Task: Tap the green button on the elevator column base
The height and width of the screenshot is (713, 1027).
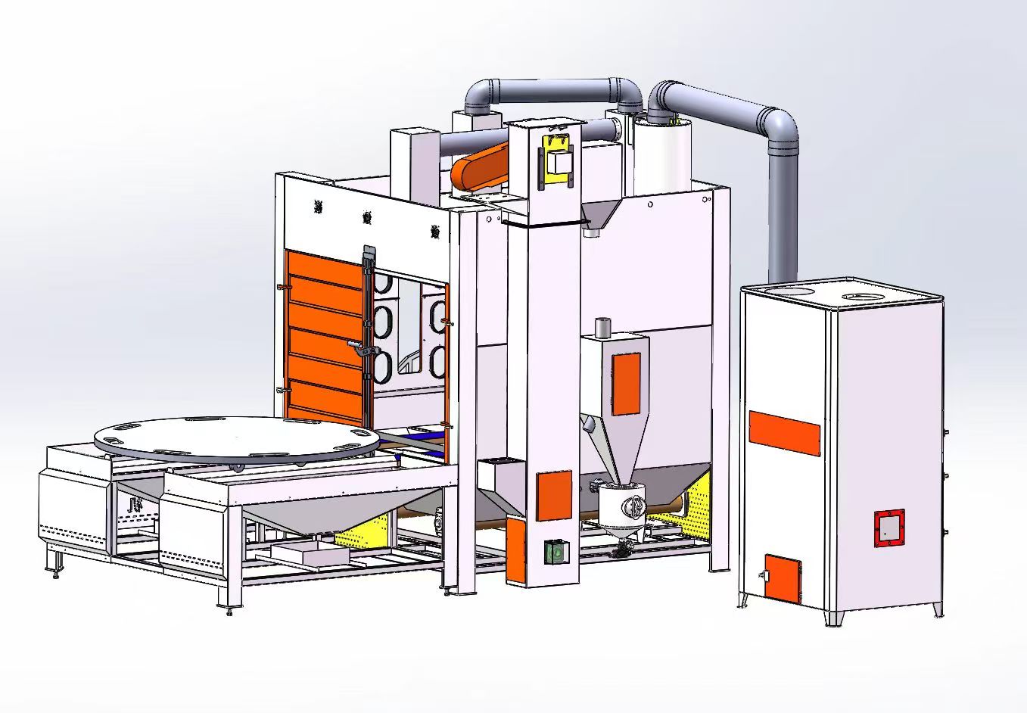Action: (x=556, y=552)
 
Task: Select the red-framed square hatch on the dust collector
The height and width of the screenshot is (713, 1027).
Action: (x=889, y=527)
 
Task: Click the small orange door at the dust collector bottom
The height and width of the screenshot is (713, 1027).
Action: (x=783, y=575)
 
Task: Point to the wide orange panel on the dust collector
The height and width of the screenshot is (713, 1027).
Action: (x=784, y=433)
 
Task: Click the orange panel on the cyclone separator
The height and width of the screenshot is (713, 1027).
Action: (x=626, y=383)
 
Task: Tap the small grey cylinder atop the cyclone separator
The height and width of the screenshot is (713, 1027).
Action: (x=602, y=328)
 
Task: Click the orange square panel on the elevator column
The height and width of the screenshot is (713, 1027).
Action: (x=554, y=495)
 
